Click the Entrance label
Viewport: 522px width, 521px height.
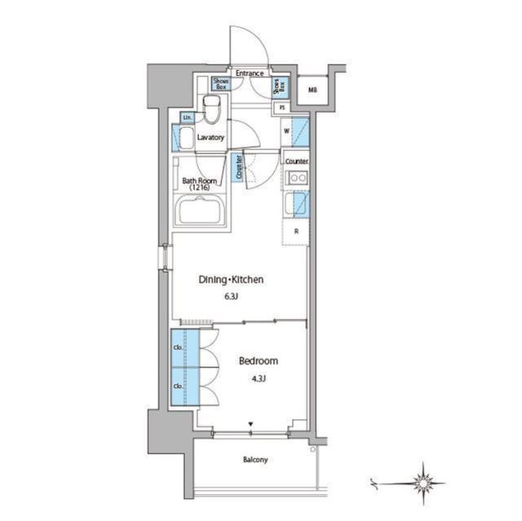250,73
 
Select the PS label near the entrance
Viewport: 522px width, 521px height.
282,108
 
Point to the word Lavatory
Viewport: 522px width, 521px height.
210,137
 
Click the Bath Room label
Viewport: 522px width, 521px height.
199,180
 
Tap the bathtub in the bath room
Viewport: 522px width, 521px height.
202,216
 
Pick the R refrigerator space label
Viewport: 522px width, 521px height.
295,231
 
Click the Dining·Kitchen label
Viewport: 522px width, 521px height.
232,280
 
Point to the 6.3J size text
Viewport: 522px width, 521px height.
232,297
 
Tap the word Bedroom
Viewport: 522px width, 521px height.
258,360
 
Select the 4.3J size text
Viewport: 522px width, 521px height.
258,378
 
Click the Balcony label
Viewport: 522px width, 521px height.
254,460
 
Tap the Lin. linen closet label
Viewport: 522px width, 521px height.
186,119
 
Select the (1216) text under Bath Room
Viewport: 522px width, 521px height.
199,188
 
